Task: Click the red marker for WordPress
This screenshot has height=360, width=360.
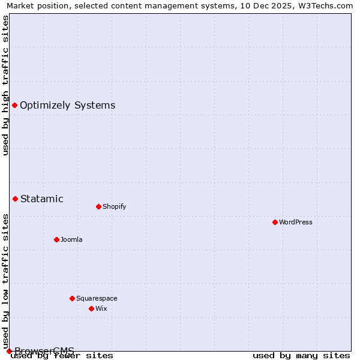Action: click(x=275, y=222)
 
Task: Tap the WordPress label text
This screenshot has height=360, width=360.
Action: click(x=295, y=222)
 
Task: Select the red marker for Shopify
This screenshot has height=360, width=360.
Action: click(x=98, y=206)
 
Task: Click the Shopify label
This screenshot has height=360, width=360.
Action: click(x=114, y=206)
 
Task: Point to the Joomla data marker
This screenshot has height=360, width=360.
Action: click(x=56, y=239)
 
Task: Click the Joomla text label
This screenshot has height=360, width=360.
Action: click(x=71, y=239)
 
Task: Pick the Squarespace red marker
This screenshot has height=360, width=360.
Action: click(x=72, y=298)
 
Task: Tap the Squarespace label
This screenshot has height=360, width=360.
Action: click(x=97, y=298)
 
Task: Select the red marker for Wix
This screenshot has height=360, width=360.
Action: click(x=91, y=308)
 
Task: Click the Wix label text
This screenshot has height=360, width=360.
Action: click(x=101, y=308)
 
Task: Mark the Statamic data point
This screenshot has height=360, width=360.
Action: click(x=15, y=199)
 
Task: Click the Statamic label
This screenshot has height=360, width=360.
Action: click(x=41, y=199)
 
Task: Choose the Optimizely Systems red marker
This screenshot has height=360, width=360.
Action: click(x=14, y=105)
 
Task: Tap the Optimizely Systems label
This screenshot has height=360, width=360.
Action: click(x=67, y=105)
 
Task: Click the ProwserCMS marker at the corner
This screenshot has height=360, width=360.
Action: click(x=9, y=351)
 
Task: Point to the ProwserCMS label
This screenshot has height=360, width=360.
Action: click(x=44, y=351)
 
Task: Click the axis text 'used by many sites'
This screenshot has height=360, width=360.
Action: click(x=301, y=355)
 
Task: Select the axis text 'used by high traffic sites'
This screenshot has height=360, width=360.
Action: click(x=5, y=85)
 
